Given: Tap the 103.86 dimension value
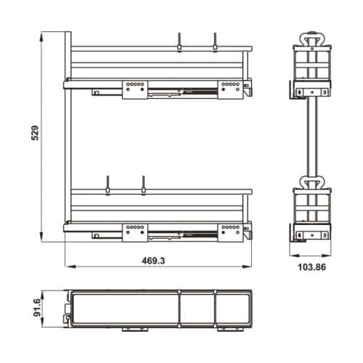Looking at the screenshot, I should [x=311, y=267].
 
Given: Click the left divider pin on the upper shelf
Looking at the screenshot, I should [x=179, y=41].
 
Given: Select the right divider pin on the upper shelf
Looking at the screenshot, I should [x=215, y=41].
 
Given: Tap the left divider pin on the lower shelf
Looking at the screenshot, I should [x=107, y=185].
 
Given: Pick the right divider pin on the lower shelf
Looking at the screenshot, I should [x=143, y=185].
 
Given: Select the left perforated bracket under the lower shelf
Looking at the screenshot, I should [x=134, y=230].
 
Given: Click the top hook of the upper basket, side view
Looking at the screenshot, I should [x=312, y=37].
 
